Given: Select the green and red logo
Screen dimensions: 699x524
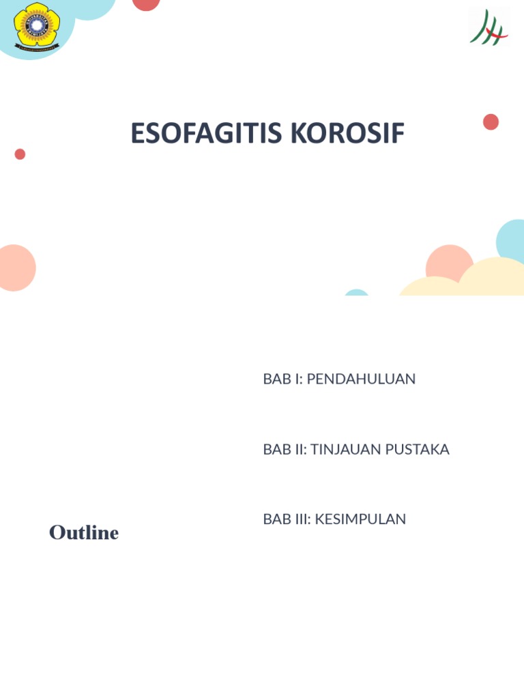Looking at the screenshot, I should click(x=489, y=28).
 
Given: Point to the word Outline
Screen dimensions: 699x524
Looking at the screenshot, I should click(x=84, y=533).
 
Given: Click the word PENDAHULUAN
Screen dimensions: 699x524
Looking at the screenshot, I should click(x=361, y=379).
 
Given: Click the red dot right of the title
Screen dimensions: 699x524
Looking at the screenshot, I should click(x=491, y=122).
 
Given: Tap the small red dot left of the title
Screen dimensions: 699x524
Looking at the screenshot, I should click(x=20, y=154).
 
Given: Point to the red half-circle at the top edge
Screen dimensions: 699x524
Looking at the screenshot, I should click(x=146, y=4).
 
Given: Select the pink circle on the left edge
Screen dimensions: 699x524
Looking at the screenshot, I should click(x=15, y=268).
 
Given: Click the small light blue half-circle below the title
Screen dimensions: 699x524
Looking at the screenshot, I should click(x=356, y=293).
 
